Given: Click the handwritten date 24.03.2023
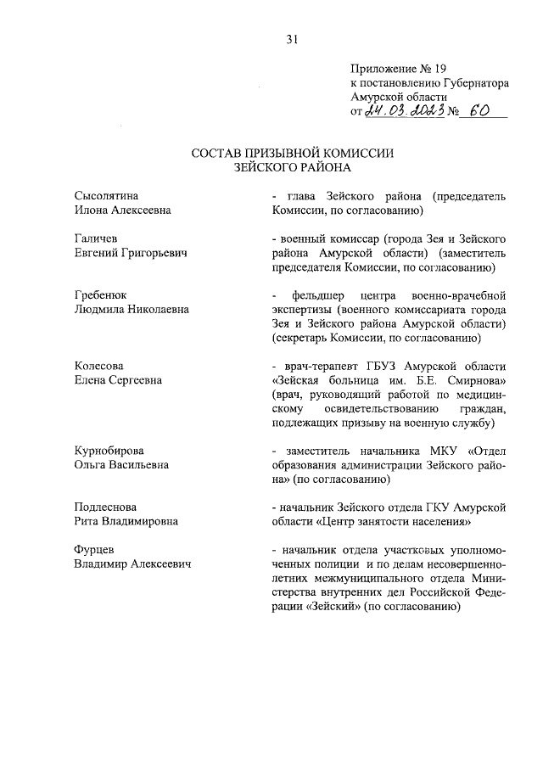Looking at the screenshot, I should click(x=401, y=112).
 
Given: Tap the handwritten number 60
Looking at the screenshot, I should click(x=482, y=112).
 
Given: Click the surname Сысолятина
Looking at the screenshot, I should click(x=106, y=197).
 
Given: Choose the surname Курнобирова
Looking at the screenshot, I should click(x=109, y=451).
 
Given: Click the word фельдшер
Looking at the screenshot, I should click(x=314, y=295).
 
